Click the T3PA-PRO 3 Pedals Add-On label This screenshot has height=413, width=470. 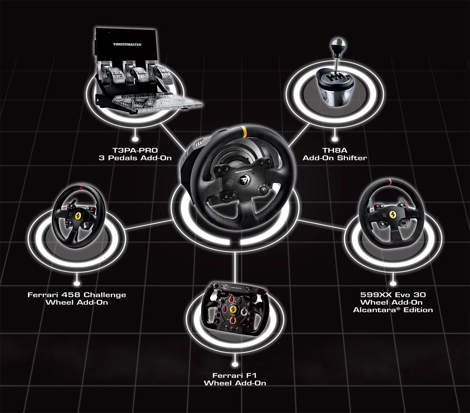coord(135,154)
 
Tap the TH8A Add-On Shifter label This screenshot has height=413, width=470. coord(335,154)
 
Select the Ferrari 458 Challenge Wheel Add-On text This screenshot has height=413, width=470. coord(77,299)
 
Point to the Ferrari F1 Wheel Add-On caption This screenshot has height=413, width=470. coord(235,379)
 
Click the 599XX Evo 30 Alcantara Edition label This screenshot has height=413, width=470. coord(393,302)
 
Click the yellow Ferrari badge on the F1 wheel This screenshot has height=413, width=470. coord(233,309)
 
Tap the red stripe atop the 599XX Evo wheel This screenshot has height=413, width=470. coord(389,182)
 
